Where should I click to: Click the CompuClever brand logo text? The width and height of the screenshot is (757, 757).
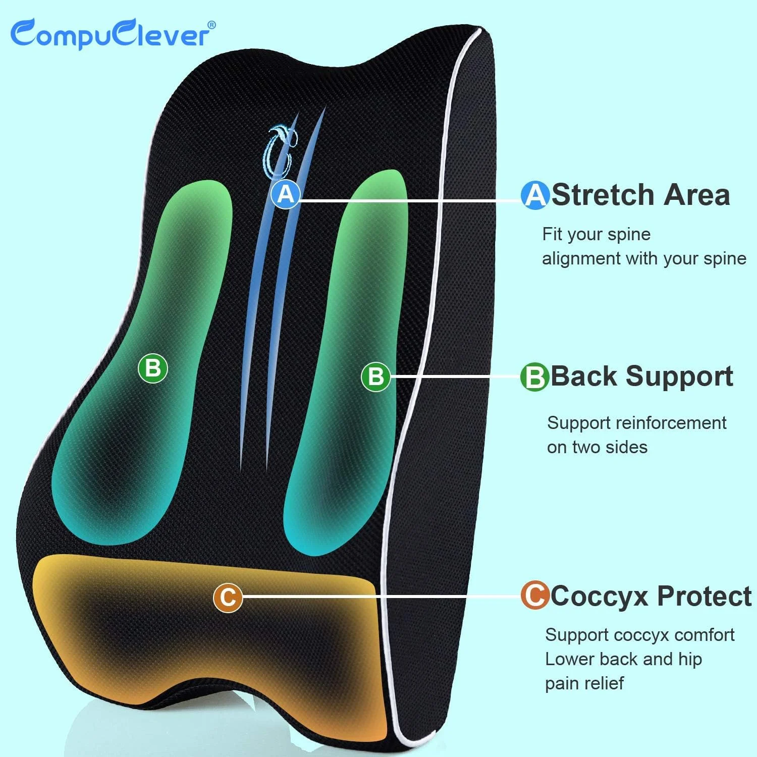112,34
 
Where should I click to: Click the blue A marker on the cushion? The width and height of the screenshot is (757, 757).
286,194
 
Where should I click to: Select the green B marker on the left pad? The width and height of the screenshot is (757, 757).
152,368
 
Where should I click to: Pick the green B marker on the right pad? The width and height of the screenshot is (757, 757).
376,376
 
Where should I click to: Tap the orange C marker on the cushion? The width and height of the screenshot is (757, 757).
228,598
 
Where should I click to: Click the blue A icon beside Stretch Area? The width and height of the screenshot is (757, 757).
535,195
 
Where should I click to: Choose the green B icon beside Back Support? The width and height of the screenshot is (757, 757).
534,377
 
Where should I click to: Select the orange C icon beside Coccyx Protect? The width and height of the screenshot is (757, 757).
534,596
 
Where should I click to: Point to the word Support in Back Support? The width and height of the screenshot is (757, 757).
679,377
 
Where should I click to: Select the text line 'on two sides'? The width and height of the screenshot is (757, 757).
597,447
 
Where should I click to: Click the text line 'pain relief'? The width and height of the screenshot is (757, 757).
584,683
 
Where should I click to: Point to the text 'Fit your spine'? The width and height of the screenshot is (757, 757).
596,235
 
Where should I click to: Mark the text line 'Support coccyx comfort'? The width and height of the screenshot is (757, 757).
639,635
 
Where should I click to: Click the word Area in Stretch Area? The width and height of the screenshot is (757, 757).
697,195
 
